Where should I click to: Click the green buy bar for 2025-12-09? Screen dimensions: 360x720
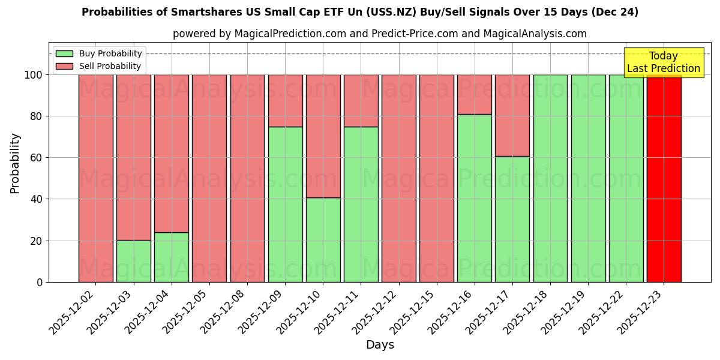(285, 204)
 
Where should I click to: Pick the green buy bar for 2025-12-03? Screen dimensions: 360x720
(133, 261)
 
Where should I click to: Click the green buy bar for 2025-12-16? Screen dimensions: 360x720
(475, 198)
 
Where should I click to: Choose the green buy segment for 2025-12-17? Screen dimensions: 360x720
(512, 219)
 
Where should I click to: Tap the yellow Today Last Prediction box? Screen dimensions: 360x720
(663, 62)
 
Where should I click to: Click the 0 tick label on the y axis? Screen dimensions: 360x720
(40, 282)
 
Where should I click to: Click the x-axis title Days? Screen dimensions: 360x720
(380, 345)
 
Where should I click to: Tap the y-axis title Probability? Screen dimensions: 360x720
(15, 163)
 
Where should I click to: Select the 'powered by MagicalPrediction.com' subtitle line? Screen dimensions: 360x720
(380, 34)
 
